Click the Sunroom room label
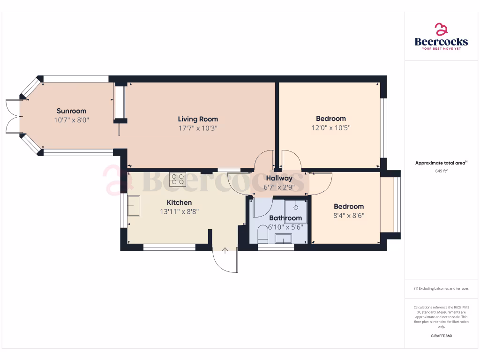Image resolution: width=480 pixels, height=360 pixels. [x=71, y=111]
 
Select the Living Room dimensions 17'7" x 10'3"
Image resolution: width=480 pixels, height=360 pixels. [x=197, y=127]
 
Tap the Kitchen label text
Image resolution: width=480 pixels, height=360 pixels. [x=179, y=202]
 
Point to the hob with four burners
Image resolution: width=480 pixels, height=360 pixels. [x=178, y=179]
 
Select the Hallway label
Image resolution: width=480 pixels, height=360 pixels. [x=279, y=178]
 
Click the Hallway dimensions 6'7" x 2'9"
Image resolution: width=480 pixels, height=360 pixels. [x=279, y=187]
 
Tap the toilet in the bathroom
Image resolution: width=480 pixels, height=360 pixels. [x=262, y=234]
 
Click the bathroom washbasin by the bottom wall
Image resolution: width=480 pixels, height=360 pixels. [x=283, y=239]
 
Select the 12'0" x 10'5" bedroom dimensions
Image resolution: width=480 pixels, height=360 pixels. [x=330, y=127]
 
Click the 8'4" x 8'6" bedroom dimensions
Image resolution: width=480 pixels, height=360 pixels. [x=348, y=216]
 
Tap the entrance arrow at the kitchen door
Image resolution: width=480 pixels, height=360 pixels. [x=225, y=251]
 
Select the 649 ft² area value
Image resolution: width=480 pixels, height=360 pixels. [x=441, y=171]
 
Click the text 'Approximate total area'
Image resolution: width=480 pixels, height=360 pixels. [x=440, y=163]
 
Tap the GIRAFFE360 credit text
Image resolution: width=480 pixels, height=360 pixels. [x=441, y=336]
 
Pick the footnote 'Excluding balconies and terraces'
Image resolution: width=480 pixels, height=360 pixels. [x=441, y=289]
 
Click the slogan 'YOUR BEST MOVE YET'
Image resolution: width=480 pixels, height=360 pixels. [x=441, y=49]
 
